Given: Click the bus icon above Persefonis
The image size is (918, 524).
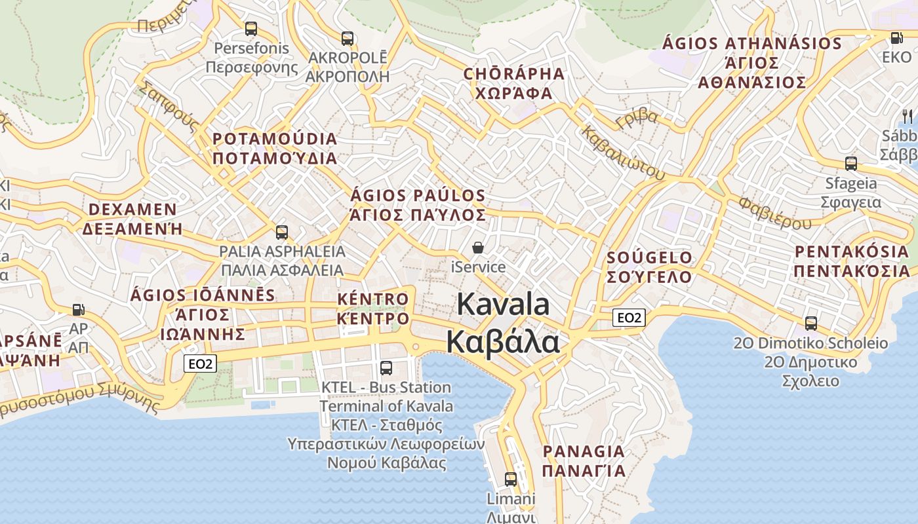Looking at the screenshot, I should coord(250,29).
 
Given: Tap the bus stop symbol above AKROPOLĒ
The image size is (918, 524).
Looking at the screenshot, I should coord(348,39).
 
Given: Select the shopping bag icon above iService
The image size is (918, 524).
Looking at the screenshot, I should coord(479,248).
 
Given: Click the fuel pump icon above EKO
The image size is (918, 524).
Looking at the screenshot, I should coord(896,38).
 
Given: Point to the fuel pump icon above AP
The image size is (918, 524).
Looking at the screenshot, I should coord(78,309).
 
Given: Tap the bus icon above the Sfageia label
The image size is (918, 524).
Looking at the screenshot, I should coord(851,164).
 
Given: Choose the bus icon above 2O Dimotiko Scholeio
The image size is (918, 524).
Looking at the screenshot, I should coord(811,323).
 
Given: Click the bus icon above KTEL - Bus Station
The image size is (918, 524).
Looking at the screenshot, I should coord(386,368).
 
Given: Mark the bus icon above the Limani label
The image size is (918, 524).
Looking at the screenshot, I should coord(511,479).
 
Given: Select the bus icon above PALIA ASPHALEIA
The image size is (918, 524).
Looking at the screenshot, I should coord(282,232).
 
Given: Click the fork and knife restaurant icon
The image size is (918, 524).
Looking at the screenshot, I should coord(908,117).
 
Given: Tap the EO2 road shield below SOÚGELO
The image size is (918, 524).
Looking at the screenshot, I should coord(629,318).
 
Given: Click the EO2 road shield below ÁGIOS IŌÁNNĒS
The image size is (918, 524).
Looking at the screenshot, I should coord(200,364).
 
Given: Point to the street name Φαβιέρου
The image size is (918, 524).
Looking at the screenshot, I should coord(775,212).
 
